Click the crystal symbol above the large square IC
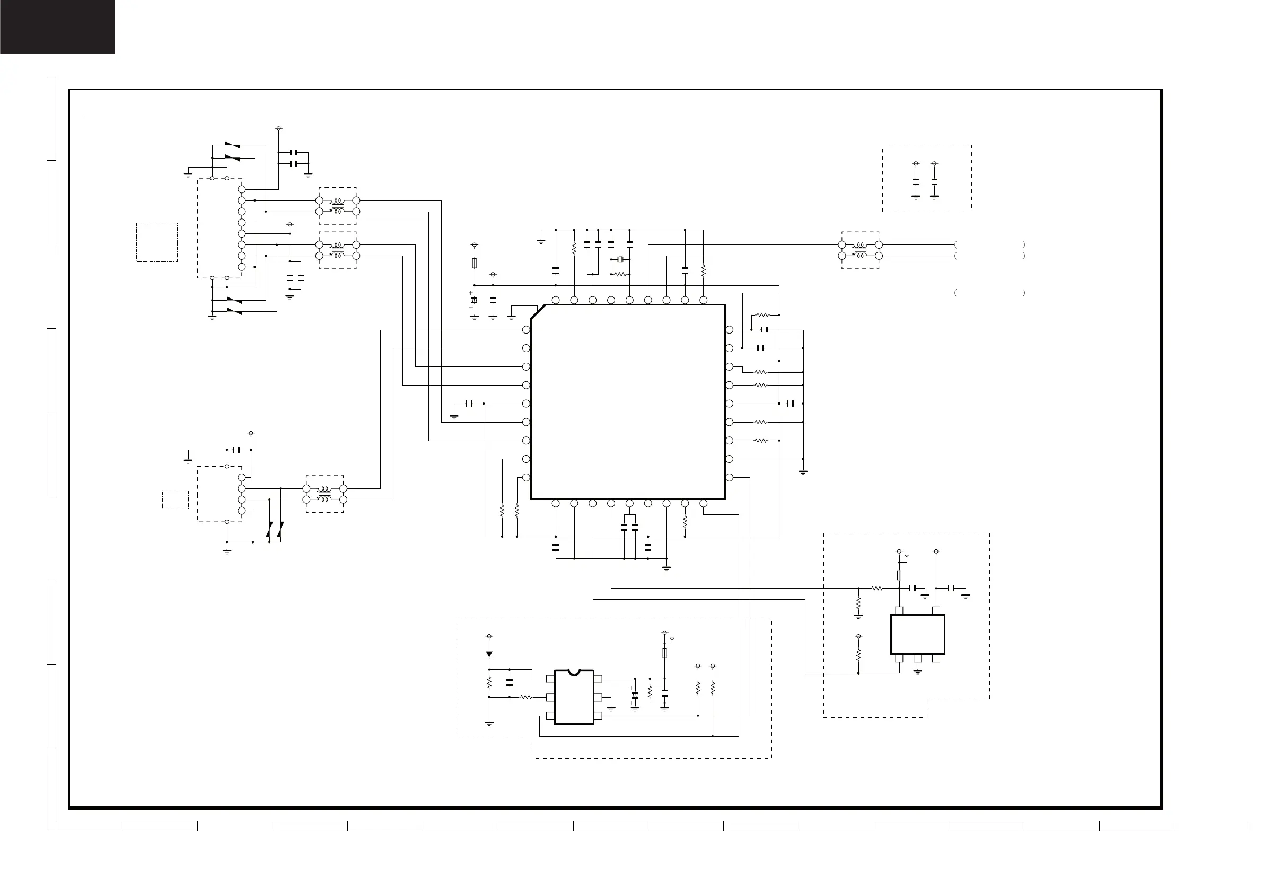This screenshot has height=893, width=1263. [x=620, y=260]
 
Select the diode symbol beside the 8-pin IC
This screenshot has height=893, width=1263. [x=489, y=655]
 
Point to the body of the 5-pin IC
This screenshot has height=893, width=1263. [x=917, y=634]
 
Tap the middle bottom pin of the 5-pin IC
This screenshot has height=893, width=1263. [x=917, y=659]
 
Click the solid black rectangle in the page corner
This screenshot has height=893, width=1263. [x=57, y=27]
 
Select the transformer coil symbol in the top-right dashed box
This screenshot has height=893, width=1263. [x=860, y=250]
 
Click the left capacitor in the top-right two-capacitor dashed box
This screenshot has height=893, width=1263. [x=916, y=180]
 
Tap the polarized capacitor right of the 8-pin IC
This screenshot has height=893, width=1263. [x=635, y=696]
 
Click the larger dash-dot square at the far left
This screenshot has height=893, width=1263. [x=157, y=242]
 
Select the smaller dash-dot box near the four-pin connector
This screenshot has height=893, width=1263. [x=176, y=500]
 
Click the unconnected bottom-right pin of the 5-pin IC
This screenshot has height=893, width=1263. [x=936, y=659]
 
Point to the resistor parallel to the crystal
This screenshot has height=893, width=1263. [x=620, y=274]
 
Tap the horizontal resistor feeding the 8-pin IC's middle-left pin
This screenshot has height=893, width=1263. [x=526, y=698]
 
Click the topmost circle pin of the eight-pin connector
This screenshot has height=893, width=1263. [x=241, y=189]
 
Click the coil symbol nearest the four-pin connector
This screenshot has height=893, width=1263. [x=324, y=494]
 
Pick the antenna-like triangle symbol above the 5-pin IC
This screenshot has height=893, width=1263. [x=907, y=557]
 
